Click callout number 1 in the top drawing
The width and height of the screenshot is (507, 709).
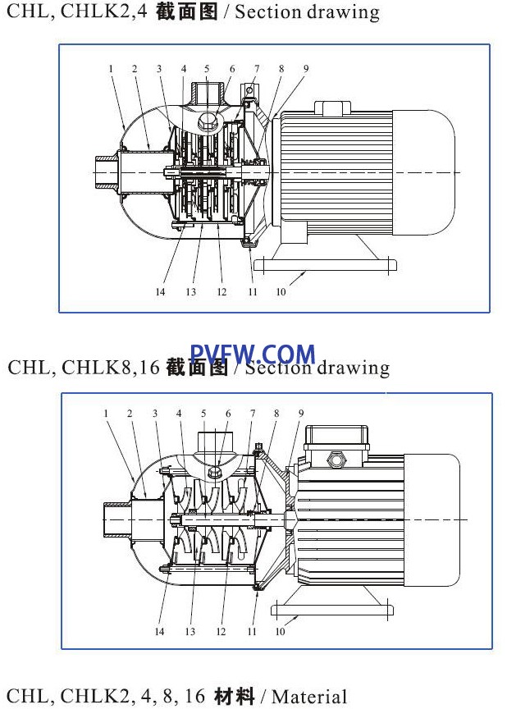tap(111, 69)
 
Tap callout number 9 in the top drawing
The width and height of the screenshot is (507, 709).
tap(306, 69)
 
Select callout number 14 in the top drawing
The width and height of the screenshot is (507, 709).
tap(160, 291)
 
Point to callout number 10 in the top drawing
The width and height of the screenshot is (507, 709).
tap(281, 291)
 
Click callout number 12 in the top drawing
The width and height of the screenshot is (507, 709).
tap(222, 291)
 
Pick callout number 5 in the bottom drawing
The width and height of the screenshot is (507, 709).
tap(203, 414)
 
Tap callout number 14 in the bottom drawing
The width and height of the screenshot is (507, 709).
tap(159, 631)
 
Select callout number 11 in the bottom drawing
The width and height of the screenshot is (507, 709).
tap(252, 631)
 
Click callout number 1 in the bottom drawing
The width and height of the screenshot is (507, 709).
tap(106, 414)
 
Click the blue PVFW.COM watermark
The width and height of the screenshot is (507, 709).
tap(253, 354)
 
